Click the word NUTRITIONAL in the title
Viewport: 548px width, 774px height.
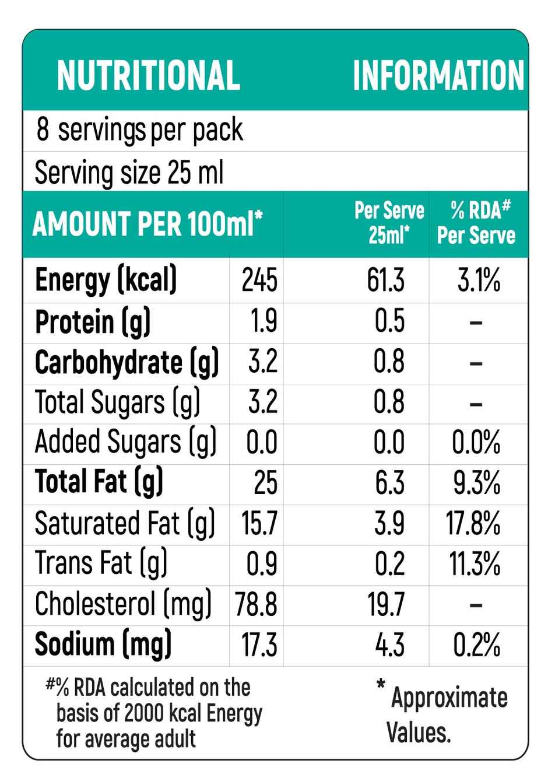[148, 75]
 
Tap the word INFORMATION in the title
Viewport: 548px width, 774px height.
[438, 75]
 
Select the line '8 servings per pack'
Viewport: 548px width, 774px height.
[139, 130]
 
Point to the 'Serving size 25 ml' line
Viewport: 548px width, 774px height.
[129, 173]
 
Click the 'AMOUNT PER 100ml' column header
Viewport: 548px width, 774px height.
[147, 223]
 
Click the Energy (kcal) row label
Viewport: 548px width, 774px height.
[106, 281]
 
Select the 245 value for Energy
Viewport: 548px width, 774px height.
[259, 281]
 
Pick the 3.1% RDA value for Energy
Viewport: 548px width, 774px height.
[479, 281]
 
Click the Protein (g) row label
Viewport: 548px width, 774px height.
[93, 321]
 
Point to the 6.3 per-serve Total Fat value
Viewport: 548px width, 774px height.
[389, 483]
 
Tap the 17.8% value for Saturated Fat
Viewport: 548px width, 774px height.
[474, 523]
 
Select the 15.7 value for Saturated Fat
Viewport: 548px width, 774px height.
[259, 523]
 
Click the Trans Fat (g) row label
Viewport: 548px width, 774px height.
[101, 563]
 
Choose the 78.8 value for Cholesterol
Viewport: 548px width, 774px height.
[257, 604]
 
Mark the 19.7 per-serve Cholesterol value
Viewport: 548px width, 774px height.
[386, 604]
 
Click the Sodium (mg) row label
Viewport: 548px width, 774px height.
[103, 645]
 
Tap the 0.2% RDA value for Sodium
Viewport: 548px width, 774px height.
[477, 645]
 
